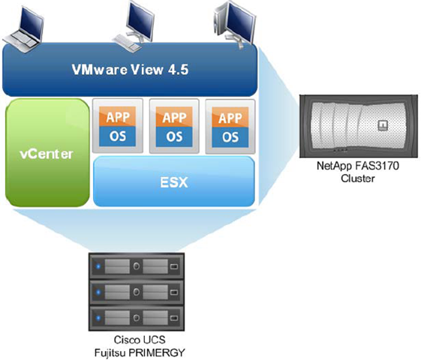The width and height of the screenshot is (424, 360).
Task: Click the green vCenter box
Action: pos(47,153)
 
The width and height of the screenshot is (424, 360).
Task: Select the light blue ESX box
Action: pos(174,181)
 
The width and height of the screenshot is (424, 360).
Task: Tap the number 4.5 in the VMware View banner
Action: pos(178,70)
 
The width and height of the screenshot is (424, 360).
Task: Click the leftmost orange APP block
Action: pos(118,117)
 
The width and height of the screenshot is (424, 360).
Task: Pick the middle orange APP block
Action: pos(174,117)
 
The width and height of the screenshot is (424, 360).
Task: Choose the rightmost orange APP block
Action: pos(230,118)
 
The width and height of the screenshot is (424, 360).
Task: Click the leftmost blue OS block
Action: pos(118,136)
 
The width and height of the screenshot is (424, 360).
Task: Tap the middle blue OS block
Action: pos(174,136)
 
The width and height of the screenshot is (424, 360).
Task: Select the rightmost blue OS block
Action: pos(230,137)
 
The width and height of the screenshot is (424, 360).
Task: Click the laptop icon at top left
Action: pos(24,29)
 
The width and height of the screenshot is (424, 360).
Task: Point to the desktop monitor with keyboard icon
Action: pos(134,26)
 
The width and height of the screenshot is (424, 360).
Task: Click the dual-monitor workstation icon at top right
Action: pos(234,24)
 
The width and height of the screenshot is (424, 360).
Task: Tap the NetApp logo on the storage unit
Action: pos(383,125)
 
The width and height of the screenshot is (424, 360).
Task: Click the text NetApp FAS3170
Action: pos(358,166)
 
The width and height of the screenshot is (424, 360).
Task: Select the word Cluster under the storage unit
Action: pos(358,178)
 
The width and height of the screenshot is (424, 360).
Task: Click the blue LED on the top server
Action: pos(98,266)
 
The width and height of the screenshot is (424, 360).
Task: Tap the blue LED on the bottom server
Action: pos(98,318)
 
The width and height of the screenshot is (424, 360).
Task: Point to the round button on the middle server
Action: pos(137,292)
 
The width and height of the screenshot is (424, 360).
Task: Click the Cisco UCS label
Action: pos(140,340)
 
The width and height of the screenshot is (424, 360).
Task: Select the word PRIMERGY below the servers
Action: pos(157,352)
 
